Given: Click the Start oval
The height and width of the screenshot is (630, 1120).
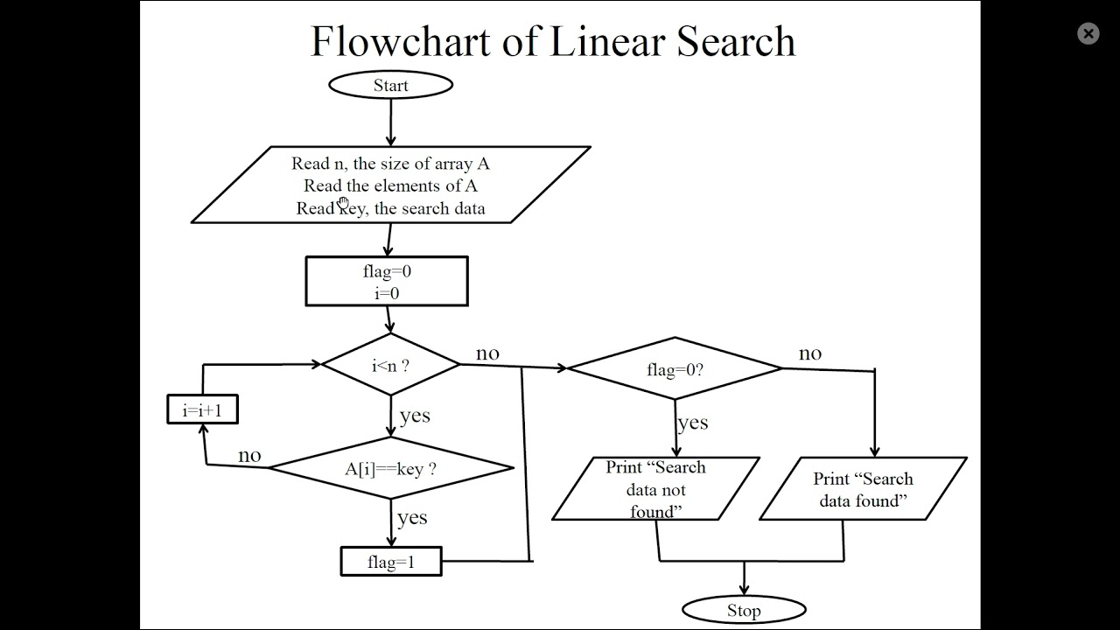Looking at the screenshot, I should tap(390, 85).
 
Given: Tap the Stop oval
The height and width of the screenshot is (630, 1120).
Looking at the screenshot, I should tap(744, 610).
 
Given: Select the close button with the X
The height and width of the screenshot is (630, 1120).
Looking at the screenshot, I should tap(1088, 34).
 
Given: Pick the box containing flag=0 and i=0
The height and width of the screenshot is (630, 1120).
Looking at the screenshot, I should tap(387, 282).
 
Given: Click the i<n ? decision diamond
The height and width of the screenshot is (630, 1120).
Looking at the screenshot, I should tap(390, 365).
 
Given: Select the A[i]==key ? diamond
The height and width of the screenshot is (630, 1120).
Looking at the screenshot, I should tap(390, 469).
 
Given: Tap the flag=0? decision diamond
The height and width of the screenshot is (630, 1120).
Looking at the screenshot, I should tap(675, 369).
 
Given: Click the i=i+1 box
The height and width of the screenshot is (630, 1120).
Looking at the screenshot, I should tap(202, 409).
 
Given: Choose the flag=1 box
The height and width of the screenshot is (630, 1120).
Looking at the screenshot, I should tap(391, 562).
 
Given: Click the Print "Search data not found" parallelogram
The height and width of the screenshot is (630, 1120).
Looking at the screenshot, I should tap(655, 489).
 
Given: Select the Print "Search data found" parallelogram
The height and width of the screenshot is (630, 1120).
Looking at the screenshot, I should tap(863, 489).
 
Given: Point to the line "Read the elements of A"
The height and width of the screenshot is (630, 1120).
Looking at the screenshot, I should tap(390, 185).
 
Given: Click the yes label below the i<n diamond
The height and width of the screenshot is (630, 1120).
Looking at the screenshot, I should tap(415, 415).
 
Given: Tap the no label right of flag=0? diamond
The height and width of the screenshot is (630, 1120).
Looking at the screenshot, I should tap(810, 353).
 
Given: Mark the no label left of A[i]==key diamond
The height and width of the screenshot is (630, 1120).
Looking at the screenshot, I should tap(249, 456).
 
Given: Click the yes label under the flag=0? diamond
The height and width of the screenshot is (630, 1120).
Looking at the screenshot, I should tap(692, 423).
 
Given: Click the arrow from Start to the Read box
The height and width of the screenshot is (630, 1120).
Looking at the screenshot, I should tap(390, 122).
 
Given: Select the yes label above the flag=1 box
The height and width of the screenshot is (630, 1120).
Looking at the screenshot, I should tap(412, 518).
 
